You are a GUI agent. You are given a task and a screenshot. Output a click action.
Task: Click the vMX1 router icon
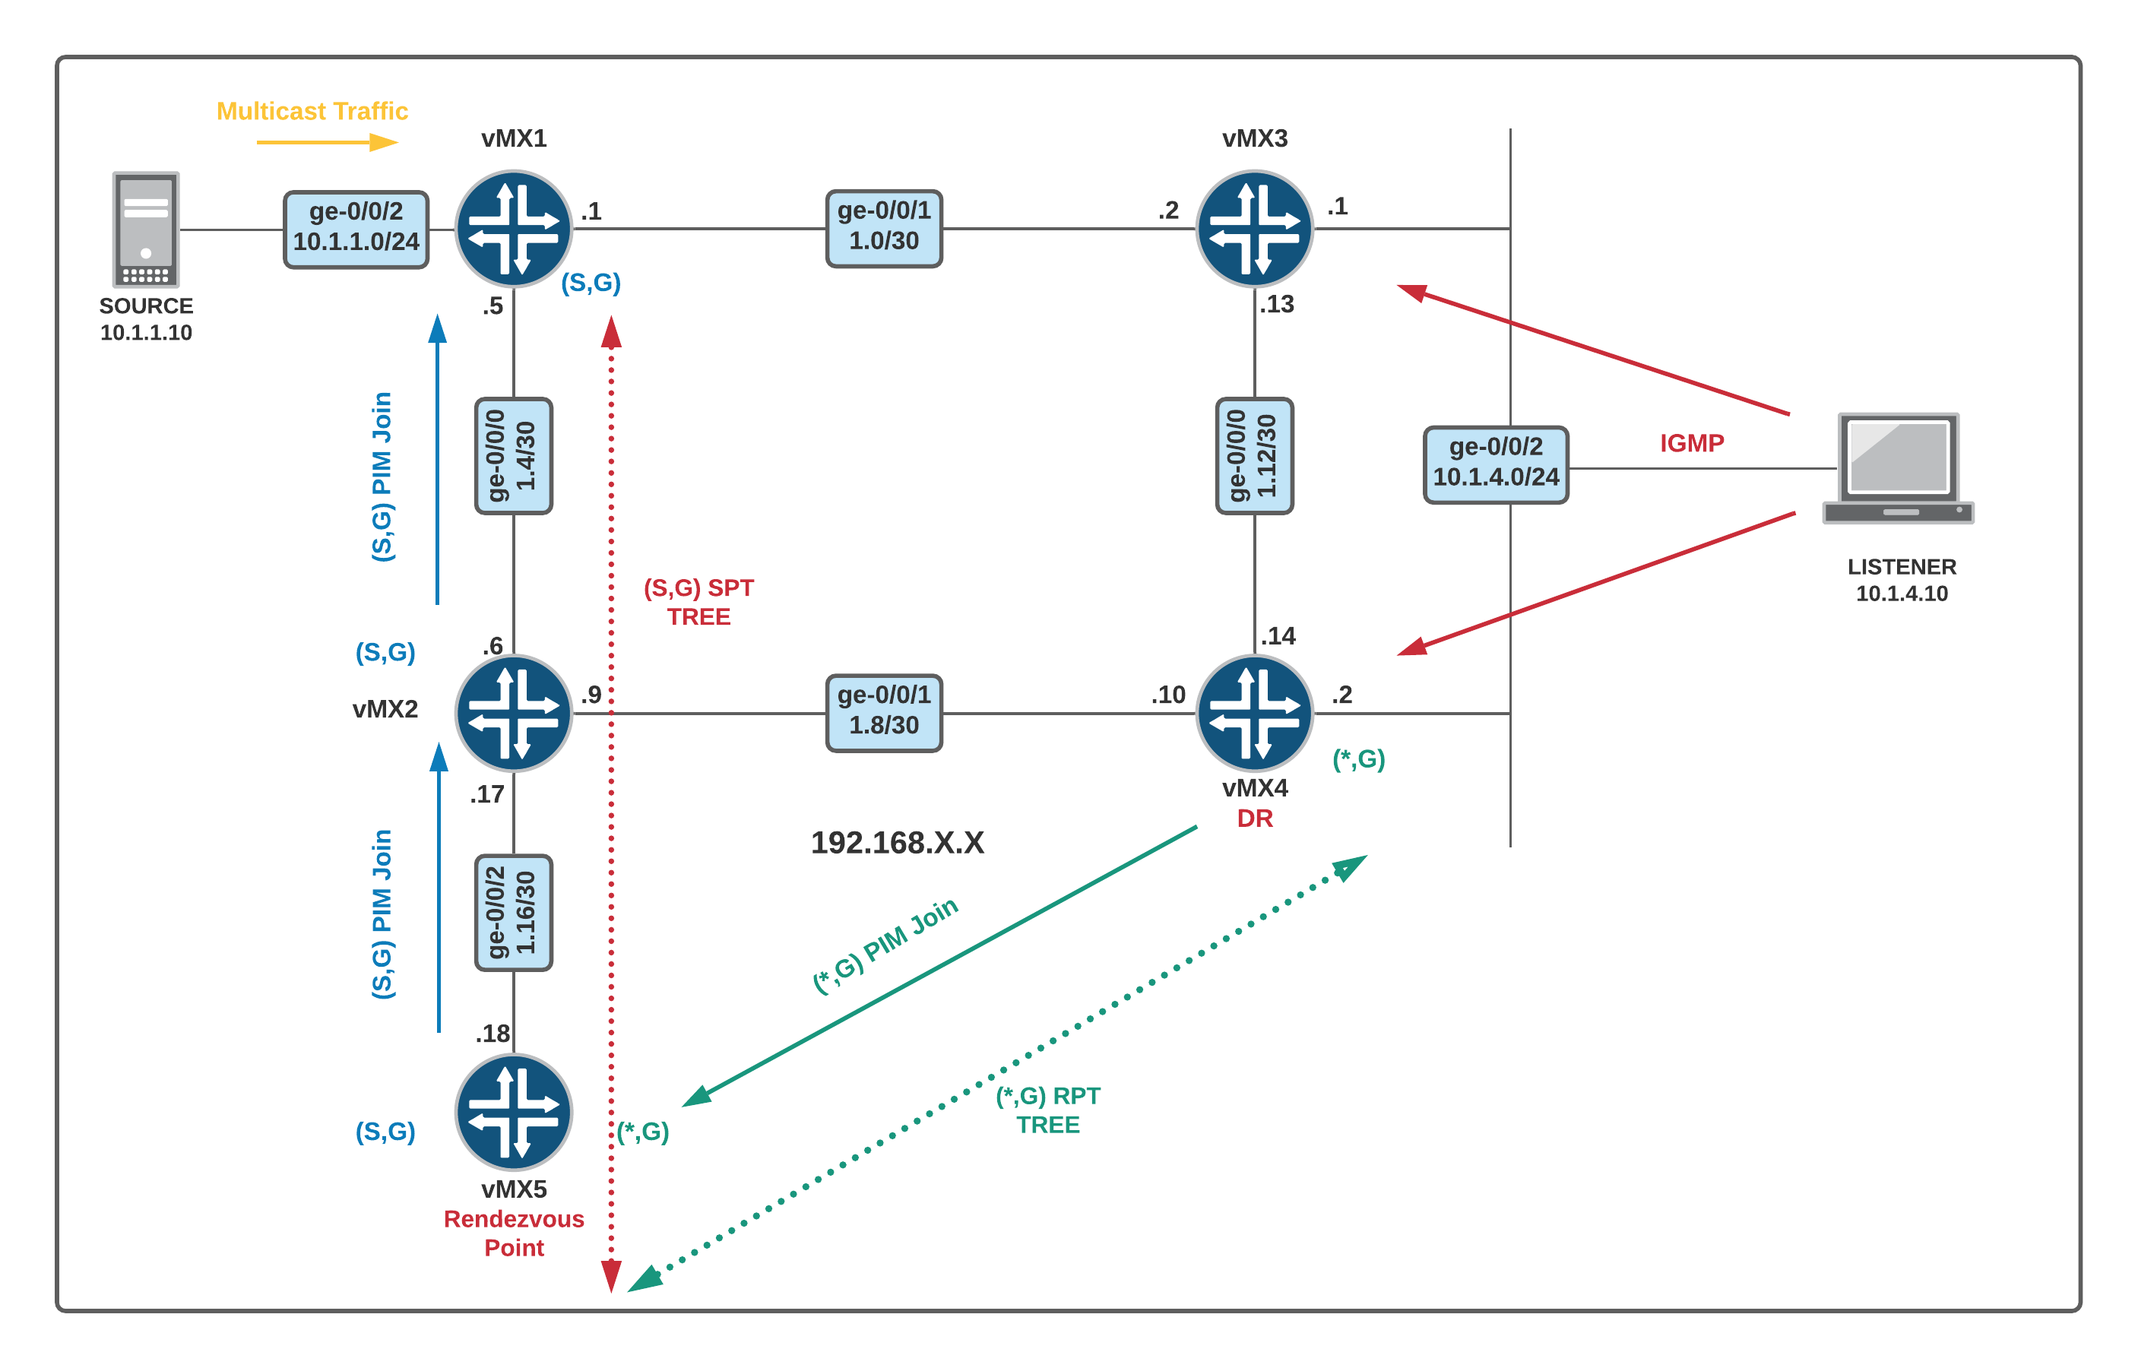[513, 230]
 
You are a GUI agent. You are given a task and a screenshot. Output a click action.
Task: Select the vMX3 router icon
[1253, 230]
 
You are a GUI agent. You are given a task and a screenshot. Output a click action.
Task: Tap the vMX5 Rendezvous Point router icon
[513, 1111]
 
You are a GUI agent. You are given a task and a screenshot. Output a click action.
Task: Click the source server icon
[146, 230]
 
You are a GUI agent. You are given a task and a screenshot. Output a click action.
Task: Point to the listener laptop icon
[1897, 468]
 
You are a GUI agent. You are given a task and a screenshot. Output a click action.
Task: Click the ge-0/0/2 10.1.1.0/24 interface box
[355, 230]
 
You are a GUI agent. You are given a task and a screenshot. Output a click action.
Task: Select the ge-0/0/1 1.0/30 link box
[883, 228]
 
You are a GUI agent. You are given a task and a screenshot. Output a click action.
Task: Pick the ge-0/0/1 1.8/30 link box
[883, 712]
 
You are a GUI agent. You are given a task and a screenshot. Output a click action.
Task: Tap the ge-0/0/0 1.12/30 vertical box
[1253, 456]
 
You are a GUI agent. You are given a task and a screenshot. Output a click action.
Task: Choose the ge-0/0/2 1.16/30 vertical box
[513, 912]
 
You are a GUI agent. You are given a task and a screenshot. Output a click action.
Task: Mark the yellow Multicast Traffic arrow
[327, 142]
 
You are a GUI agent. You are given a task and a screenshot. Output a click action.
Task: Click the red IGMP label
[1691, 442]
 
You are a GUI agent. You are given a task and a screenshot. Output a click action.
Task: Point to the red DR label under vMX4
[1254, 818]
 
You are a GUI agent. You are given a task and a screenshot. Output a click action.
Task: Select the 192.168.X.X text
[897, 842]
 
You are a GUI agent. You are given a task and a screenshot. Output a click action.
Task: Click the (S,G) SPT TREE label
[698, 602]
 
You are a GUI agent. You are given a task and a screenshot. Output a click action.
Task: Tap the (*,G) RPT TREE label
[1047, 1110]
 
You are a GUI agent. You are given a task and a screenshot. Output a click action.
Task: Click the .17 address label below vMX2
[486, 794]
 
